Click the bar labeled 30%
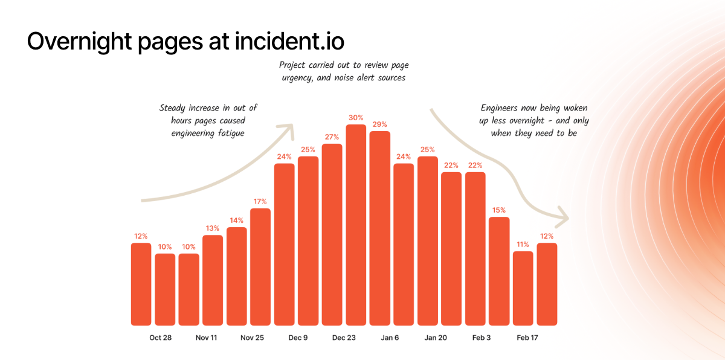tap(356, 225)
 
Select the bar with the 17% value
tap(260, 266)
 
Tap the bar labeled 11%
tap(523, 288)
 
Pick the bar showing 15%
tap(499, 271)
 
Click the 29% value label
tap(379, 124)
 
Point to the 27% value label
tap(332, 137)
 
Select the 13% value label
tap(213, 228)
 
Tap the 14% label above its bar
tap(236, 220)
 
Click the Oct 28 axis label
tap(161, 338)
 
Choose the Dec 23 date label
tap(344, 338)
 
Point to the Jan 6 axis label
tap(390, 338)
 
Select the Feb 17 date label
tap(527, 338)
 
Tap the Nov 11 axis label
tap(207, 338)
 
